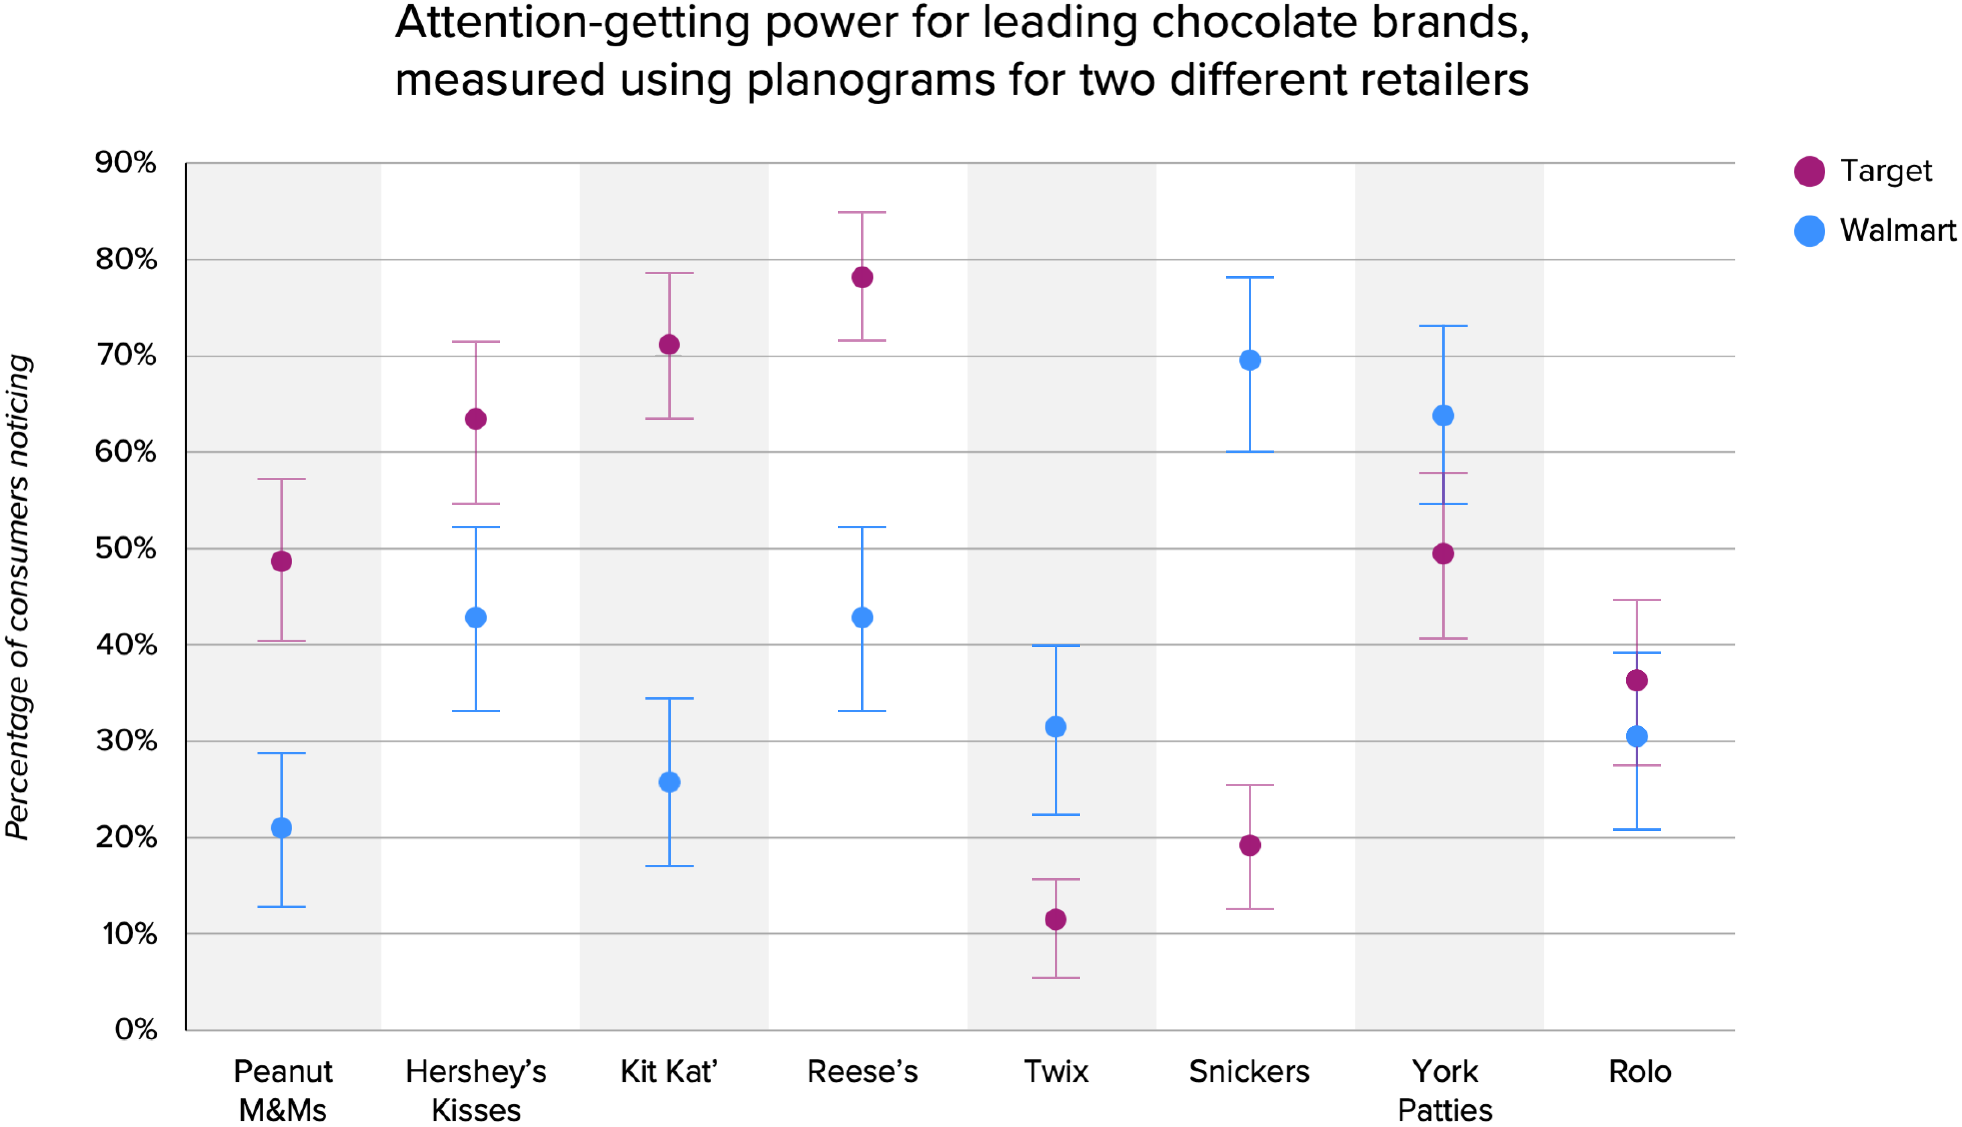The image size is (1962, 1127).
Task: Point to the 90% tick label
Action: coord(125,162)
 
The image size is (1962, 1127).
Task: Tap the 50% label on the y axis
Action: coord(125,549)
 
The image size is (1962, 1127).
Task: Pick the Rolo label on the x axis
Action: coord(1639,1072)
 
